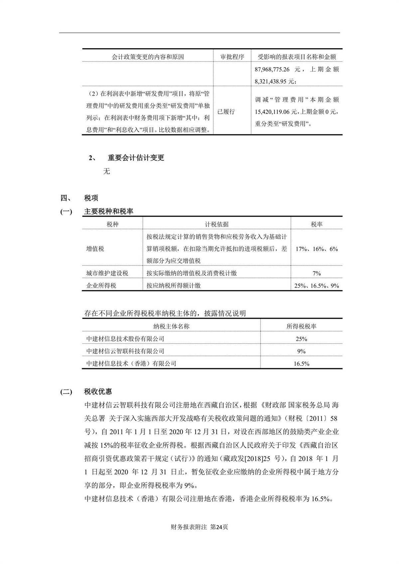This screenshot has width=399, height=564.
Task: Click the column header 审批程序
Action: click(x=232, y=57)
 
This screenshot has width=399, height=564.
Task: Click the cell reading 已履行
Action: click(x=226, y=112)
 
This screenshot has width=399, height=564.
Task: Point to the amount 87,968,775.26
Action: click(x=272, y=70)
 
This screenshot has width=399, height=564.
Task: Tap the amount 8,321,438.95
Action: click(x=271, y=81)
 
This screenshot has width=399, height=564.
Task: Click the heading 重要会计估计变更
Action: click(x=136, y=158)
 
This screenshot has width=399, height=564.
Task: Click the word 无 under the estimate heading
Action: click(x=107, y=171)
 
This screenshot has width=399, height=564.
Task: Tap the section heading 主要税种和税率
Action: click(x=108, y=211)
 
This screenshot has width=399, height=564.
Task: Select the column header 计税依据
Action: click(x=216, y=224)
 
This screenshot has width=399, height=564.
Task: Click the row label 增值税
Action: click(x=95, y=249)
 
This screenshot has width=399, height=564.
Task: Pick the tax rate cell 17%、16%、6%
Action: click(x=317, y=249)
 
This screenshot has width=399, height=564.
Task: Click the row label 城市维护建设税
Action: click(x=107, y=273)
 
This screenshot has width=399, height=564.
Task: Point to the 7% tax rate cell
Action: click(x=317, y=273)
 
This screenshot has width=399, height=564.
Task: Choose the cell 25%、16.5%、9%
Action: click(x=317, y=286)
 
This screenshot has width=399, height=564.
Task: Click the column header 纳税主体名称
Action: click(x=171, y=327)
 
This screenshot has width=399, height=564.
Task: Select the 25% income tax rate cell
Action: click(x=301, y=339)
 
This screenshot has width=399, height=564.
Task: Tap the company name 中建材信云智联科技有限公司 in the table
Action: click(x=125, y=351)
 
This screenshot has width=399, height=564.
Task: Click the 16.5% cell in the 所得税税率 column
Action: click(x=301, y=363)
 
